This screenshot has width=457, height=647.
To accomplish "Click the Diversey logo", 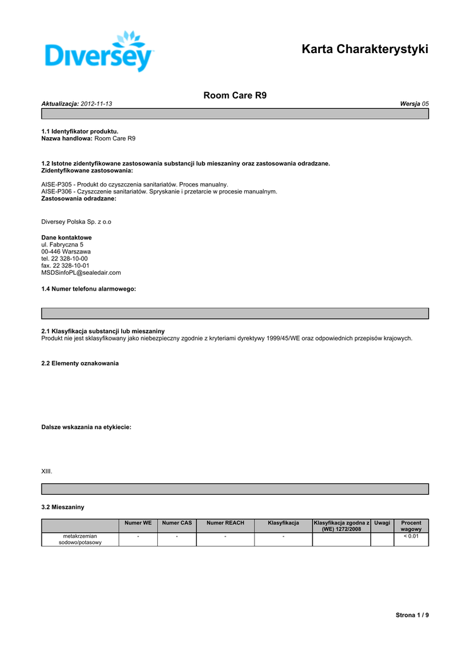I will point(100,52).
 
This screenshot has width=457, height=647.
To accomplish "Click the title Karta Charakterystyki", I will point(365,49).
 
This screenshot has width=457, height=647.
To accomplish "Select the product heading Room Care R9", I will point(235,95).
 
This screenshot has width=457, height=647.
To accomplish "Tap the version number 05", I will point(425,103).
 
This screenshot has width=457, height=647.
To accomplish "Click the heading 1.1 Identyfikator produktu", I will point(80,131).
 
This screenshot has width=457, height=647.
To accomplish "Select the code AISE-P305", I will point(57,184).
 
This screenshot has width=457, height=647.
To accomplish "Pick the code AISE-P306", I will point(57,191).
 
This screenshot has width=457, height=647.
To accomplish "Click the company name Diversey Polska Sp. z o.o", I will point(76,222).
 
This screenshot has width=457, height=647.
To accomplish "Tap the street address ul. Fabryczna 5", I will point(62,245).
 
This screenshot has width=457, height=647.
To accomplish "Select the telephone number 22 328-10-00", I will point(69,258).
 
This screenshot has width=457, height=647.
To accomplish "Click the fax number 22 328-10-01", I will point(71,265).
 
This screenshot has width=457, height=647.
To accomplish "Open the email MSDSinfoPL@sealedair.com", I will point(81,273).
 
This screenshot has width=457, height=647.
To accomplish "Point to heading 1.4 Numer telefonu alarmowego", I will point(88,289).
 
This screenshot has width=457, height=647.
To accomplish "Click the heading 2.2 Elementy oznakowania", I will point(80,363).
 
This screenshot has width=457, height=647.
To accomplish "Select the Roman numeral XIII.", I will point(47,471).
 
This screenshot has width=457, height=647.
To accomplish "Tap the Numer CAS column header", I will point(177,523).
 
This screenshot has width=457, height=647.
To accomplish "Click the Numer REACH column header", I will point(225,523).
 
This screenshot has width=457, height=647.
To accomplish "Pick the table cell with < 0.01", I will point(411,536).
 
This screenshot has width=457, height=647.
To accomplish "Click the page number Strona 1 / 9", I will point(412,615).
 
